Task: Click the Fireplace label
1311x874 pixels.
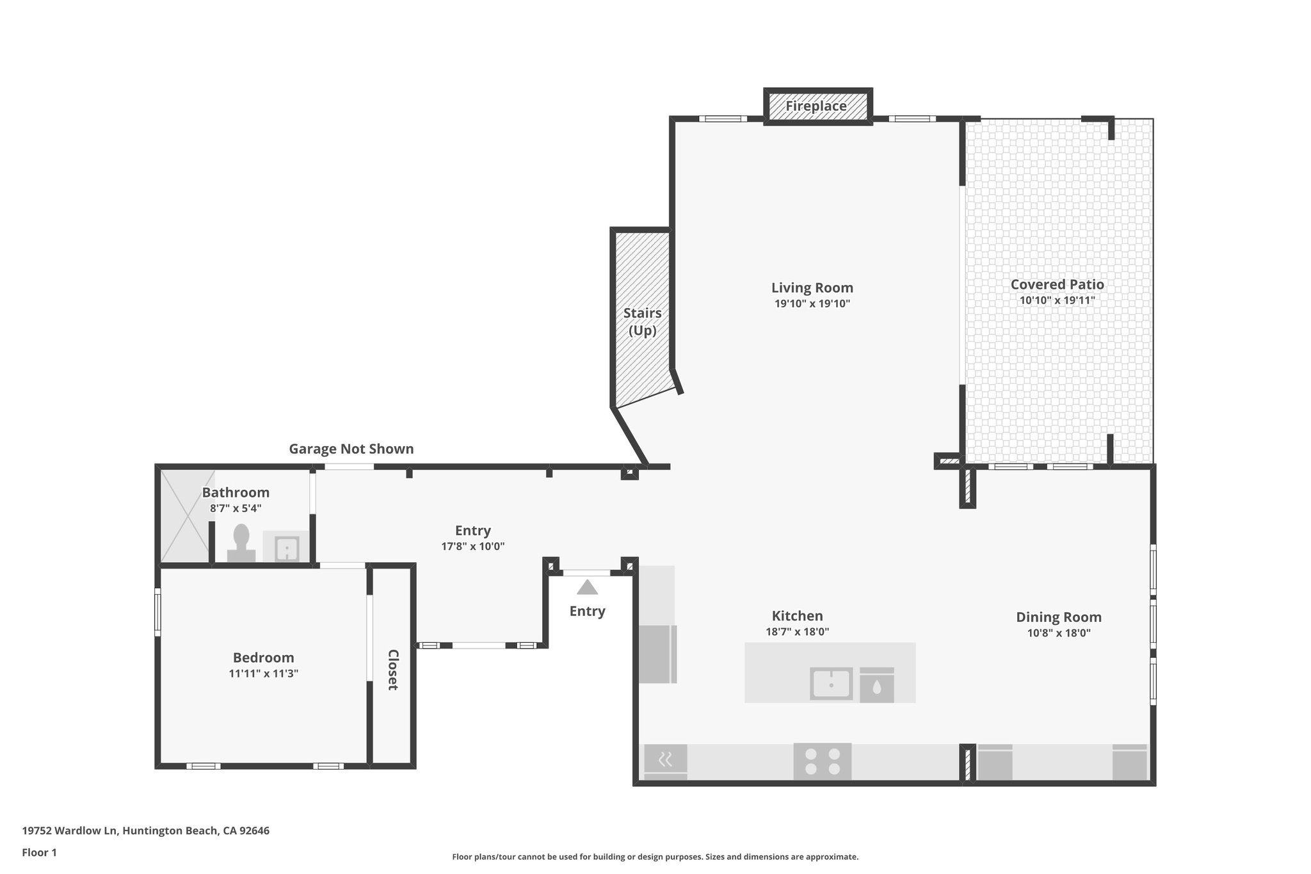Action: click(x=816, y=106)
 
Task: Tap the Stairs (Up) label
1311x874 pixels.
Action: click(x=642, y=321)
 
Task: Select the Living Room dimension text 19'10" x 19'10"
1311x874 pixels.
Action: click(x=812, y=303)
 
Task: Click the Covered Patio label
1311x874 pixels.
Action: click(x=1057, y=284)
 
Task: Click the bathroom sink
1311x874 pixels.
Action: click(x=286, y=549)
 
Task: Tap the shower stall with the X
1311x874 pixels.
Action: click(x=186, y=517)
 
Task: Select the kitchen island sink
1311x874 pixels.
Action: click(x=831, y=684)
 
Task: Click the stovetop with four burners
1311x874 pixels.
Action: click(x=823, y=761)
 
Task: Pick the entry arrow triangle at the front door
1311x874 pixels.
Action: click(x=587, y=587)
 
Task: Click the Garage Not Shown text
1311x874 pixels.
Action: click(x=351, y=449)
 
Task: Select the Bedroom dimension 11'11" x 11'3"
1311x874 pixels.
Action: click(x=263, y=674)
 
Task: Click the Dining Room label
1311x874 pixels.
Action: click(x=1059, y=617)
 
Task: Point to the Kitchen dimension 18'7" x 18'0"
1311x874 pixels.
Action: click(x=797, y=631)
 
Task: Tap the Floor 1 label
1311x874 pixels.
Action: click(x=39, y=852)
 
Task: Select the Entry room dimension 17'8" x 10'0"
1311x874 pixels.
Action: click(x=472, y=547)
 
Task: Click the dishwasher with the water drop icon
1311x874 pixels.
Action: click(x=876, y=686)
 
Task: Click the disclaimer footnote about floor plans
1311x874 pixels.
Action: click(x=655, y=857)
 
